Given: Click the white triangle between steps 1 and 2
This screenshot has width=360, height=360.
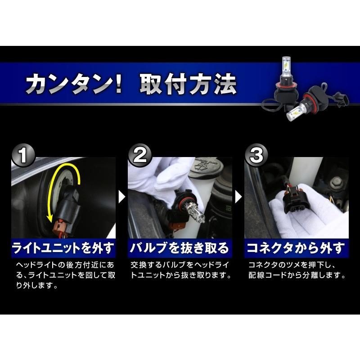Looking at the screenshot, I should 121,196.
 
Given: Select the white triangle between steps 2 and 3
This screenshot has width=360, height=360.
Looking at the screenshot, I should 238,196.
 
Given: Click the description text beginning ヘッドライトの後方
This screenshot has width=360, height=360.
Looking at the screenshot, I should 63,274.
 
